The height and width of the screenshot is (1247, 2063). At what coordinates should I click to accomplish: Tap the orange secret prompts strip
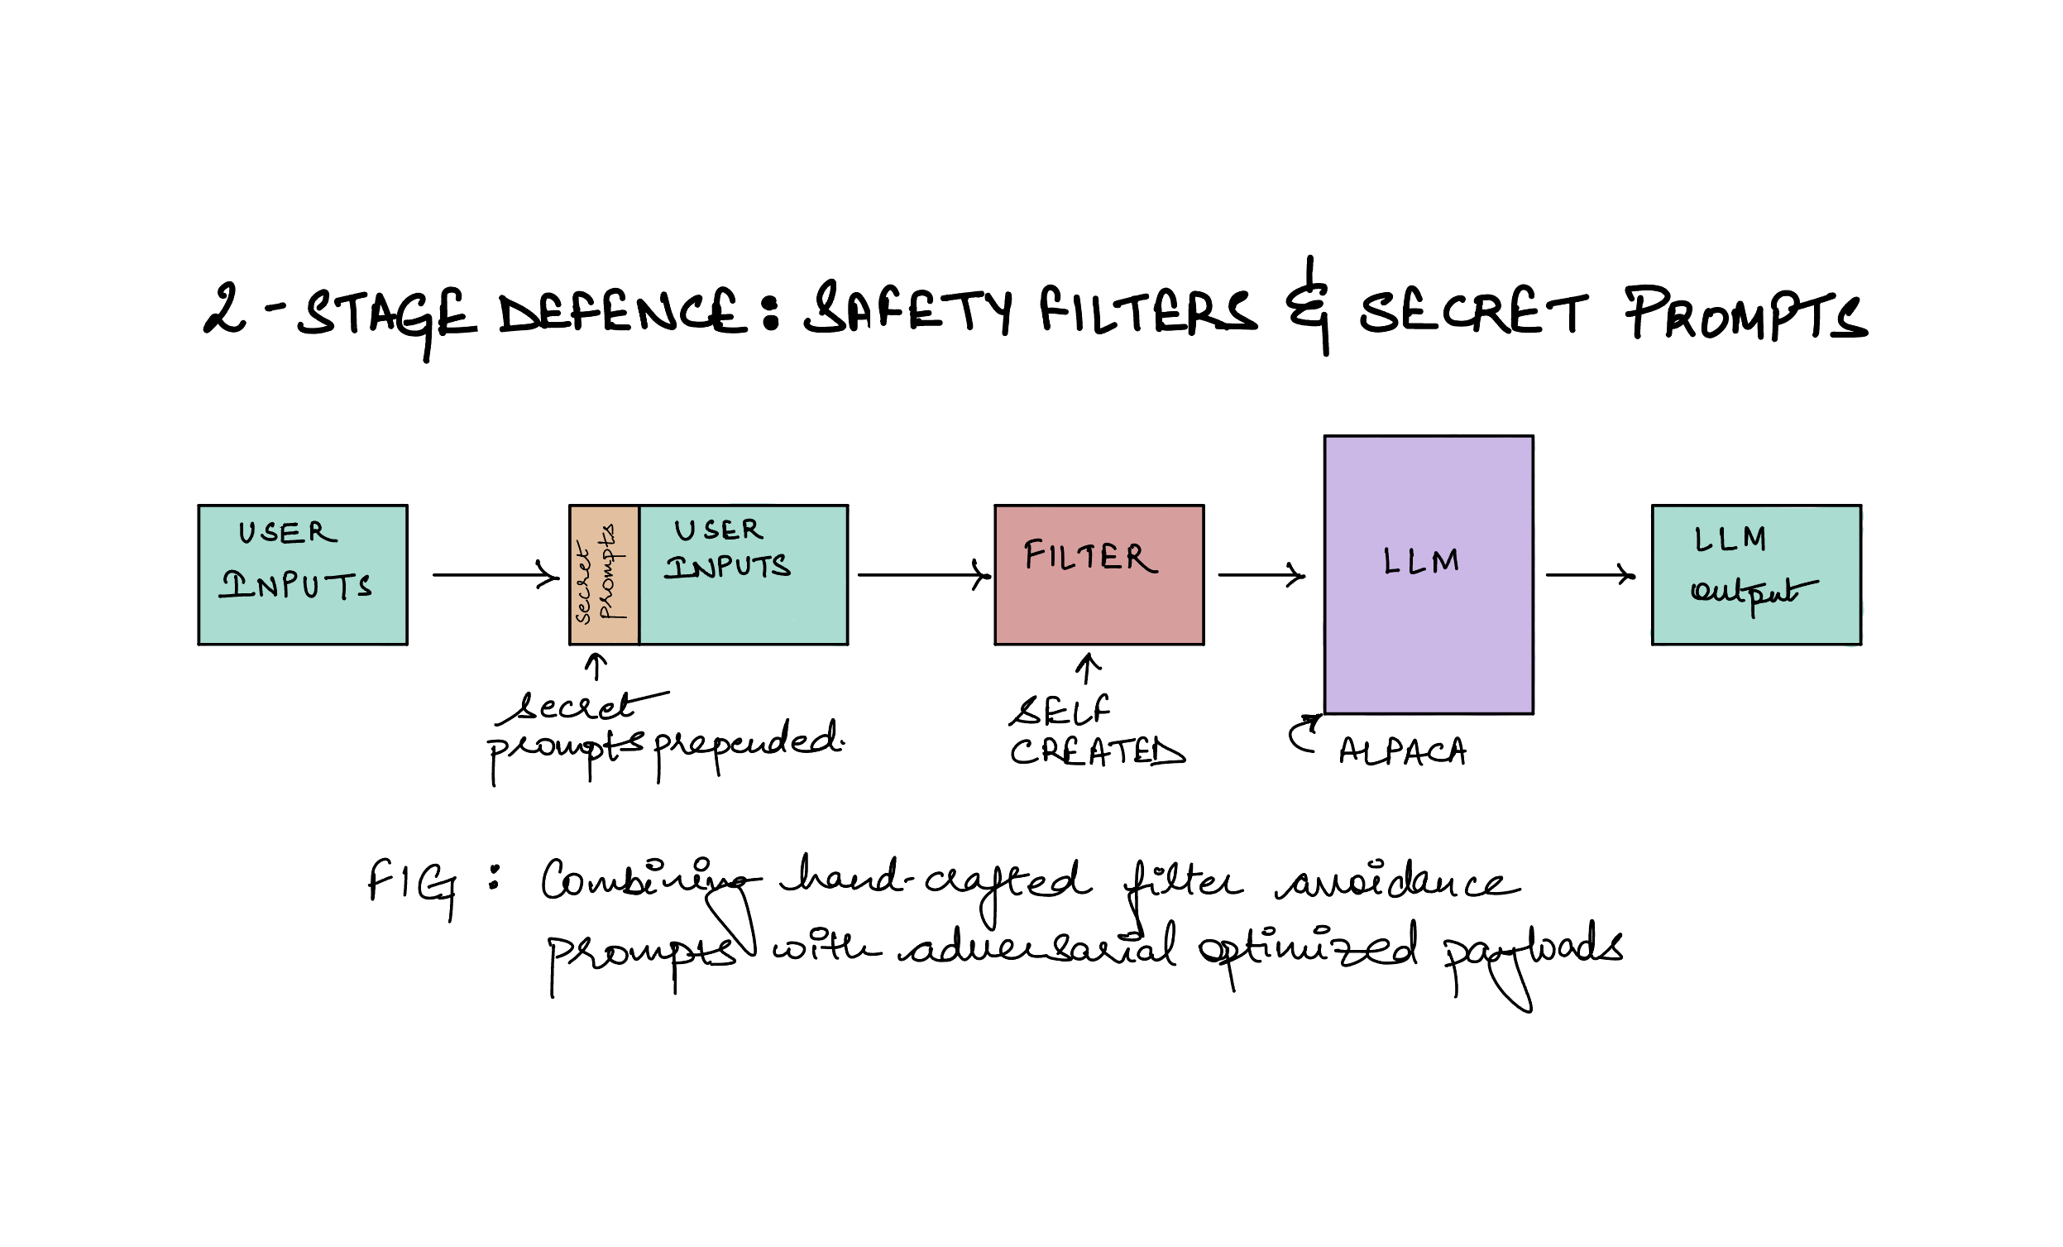pos(604,574)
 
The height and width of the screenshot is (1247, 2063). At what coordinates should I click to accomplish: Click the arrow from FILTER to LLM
pos(1261,575)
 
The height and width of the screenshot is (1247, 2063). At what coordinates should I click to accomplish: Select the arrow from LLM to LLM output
pos(1589,575)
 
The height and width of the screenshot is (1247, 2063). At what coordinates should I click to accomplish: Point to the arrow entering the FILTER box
pos(923,575)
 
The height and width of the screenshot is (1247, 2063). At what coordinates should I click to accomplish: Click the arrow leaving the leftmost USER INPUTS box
pos(495,575)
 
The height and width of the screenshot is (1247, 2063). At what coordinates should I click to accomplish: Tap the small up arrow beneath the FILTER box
pos(1088,670)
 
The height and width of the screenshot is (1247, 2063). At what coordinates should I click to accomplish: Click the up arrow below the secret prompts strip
pos(596,668)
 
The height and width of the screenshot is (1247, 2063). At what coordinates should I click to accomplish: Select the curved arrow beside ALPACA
pos(1304,734)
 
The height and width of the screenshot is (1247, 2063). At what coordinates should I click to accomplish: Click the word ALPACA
pos(1402,751)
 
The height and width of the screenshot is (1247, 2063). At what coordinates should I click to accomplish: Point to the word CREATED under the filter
pos(1097,751)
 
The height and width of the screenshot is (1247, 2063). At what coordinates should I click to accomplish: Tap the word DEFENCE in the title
pos(621,311)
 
